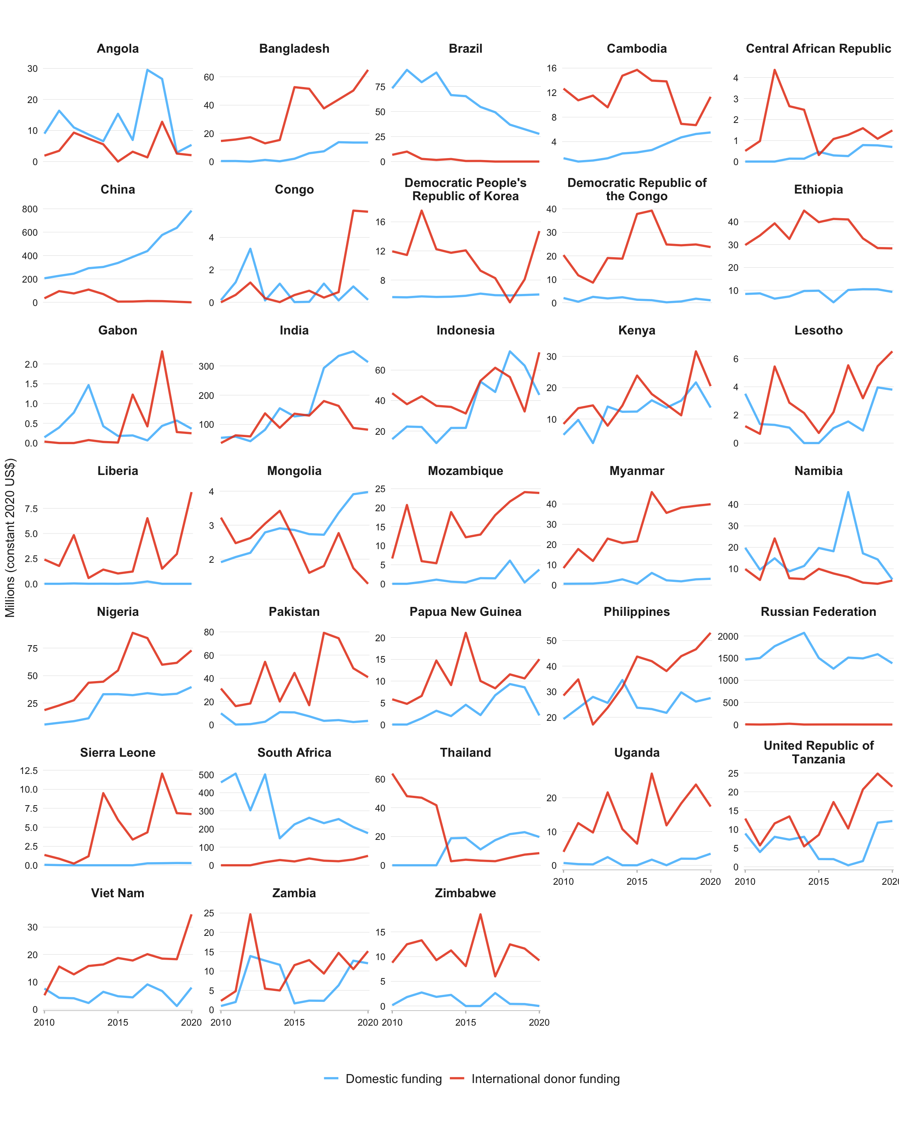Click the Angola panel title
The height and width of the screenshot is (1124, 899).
pos(118,48)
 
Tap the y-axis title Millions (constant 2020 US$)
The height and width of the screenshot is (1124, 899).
pos(10,537)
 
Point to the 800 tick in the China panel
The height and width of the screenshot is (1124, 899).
pos(30,209)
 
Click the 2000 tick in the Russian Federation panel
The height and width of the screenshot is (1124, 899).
pos(728,636)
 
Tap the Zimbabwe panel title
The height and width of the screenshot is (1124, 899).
pos(465,893)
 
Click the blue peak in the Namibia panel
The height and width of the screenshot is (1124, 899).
pos(848,492)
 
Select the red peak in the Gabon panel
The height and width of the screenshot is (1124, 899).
pos(162,351)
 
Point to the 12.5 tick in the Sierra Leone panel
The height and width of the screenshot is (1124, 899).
pos(28,770)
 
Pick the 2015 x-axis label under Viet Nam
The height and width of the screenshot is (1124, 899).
pos(118,1023)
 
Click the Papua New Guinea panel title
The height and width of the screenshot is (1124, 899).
pos(465,612)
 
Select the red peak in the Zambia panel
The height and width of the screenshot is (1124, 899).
pos(250,914)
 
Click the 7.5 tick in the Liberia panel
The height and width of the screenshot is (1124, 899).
pos(31,509)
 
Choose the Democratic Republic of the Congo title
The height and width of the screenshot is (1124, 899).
pos(637,189)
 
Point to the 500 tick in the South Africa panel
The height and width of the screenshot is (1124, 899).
pos(206,775)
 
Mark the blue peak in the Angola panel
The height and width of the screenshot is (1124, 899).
pos(147,70)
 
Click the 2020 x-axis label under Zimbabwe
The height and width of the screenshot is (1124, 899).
pos(539,1023)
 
